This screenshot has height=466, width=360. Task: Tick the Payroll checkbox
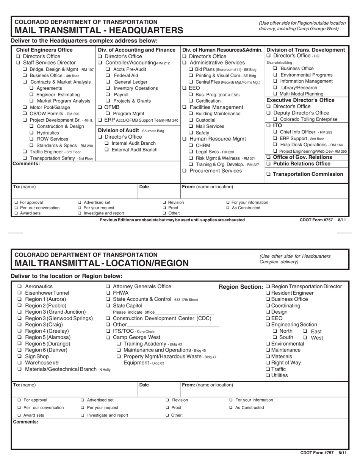click(x=108, y=94)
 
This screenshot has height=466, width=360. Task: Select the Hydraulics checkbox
click(x=32, y=133)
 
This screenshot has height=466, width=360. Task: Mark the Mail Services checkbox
click(x=191, y=126)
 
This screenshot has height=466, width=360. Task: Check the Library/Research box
click(x=275, y=88)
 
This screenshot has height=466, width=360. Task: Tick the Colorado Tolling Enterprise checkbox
click(x=275, y=119)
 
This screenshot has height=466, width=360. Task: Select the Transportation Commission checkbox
click(x=269, y=174)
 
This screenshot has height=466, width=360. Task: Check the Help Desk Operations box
click(x=275, y=145)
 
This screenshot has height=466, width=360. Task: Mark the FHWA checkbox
click(x=108, y=293)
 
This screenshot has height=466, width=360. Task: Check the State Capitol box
click(x=108, y=305)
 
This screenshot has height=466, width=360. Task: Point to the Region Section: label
click(x=241, y=287)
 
